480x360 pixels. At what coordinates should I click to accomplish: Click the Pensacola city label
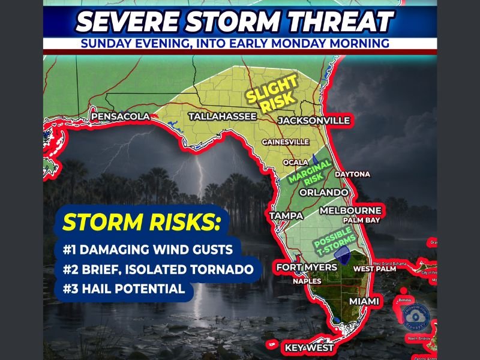point(119,116)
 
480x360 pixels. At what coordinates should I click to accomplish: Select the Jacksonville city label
point(314,121)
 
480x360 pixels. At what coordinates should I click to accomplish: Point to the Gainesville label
point(286,142)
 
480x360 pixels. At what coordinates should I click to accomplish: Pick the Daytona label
point(352,174)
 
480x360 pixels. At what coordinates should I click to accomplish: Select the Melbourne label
point(350,211)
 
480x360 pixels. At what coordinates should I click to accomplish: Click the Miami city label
point(364,301)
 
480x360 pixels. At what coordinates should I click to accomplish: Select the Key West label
point(309,348)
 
